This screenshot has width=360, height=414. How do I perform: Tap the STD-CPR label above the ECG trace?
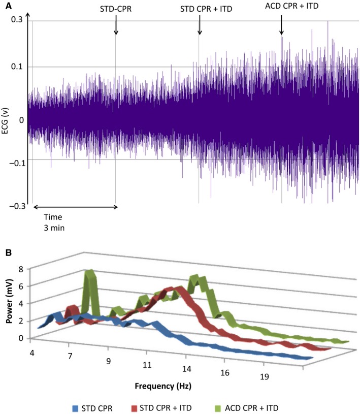(116, 8)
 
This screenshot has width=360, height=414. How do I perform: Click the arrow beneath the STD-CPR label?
(116, 25)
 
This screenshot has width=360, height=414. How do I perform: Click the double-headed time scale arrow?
(75, 207)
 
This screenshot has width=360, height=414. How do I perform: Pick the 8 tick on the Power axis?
(21, 269)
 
